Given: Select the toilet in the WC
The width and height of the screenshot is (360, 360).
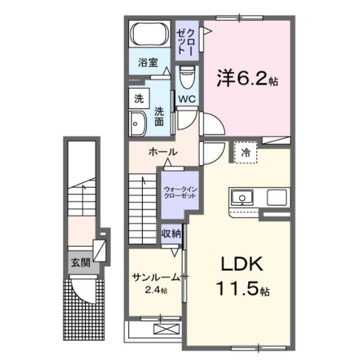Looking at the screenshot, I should pos(186,78).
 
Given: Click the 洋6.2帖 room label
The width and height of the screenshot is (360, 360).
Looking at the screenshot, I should pos(247,79).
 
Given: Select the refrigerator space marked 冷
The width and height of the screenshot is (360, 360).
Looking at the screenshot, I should pos(246,151).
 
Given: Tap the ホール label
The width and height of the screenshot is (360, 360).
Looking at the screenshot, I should pos(163,152).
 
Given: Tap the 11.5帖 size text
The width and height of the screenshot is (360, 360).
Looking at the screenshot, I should pos(241,289).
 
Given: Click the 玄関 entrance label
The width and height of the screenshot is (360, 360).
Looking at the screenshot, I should pos(79,262).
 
